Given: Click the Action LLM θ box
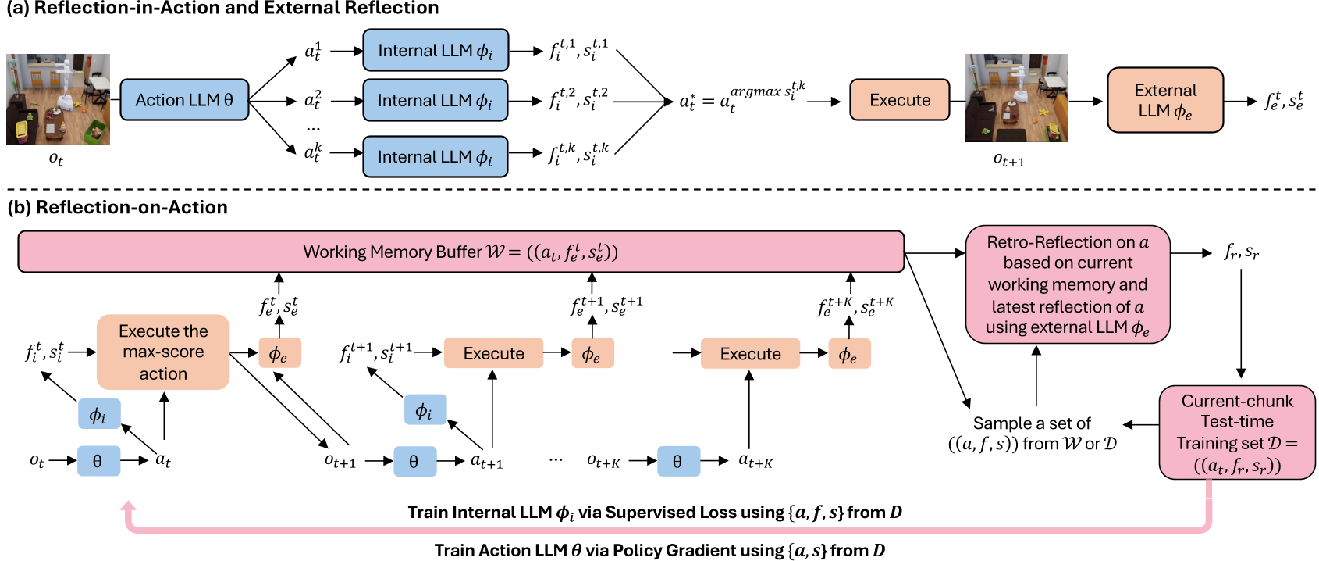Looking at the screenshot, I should click(184, 100).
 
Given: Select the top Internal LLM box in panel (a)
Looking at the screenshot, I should click(436, 51).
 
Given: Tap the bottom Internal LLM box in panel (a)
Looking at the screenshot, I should click(436, 157).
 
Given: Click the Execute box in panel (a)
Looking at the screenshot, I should click(900, 100).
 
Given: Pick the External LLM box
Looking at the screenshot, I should click(1165, 100).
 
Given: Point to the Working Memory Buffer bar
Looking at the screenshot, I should click(460, 252).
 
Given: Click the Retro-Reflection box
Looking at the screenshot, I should click(1068, 284).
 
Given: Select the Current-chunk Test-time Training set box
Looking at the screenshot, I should click(1237, 432).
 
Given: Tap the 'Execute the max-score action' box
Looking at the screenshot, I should click(163, 352).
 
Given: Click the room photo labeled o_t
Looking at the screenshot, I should click(58, 99).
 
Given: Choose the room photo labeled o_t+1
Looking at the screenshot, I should click(1016, 98).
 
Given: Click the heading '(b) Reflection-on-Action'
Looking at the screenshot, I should click(117, 207).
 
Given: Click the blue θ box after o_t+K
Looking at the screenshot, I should click(677, 461).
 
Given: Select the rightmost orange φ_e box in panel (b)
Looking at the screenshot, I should click(848, 354).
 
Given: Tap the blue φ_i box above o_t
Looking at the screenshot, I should click(98, 414).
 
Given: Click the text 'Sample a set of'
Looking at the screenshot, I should click(1031, 423).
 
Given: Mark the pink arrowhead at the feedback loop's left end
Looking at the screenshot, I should click(129, 508).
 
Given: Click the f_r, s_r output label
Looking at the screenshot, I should click(1241, 252).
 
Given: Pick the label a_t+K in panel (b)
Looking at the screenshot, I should click(755, 461).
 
